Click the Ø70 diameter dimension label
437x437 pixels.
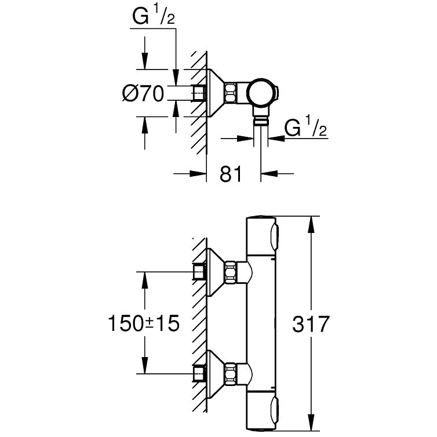tap(143, 93)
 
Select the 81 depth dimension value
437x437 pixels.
tap(231, 173)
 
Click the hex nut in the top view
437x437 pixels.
tap(230, 92)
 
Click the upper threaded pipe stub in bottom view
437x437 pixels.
tap(199, 271)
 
